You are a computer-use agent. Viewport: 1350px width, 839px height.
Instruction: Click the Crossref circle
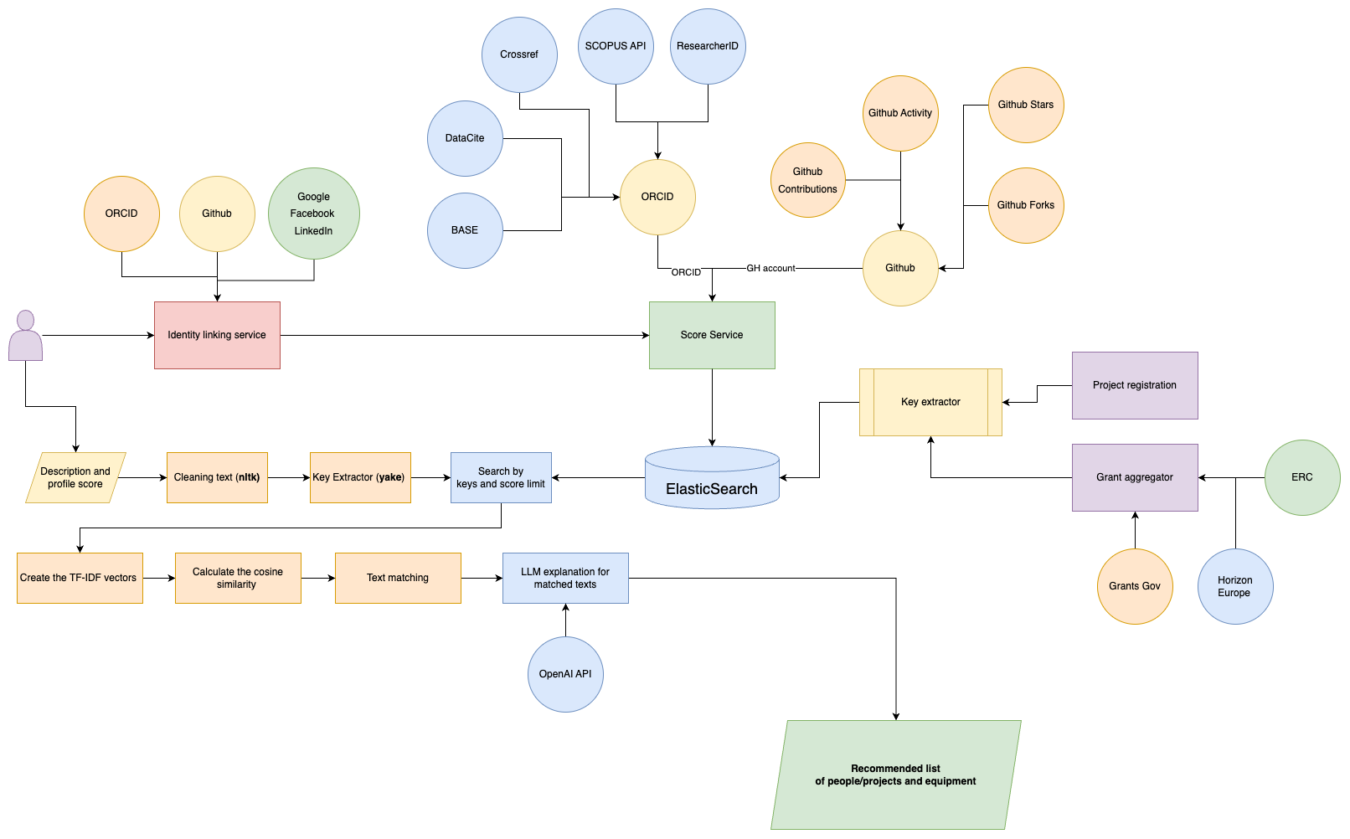coord(519,54)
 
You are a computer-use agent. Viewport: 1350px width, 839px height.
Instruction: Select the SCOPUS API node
coord(616,46)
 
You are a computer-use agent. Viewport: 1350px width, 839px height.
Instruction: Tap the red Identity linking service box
coord(217,335)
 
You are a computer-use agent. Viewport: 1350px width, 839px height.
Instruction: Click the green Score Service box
coord(712,335)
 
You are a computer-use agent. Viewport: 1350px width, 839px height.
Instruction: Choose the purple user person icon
coord(25,337)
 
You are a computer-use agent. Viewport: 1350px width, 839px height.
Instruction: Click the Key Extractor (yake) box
coord(360,477)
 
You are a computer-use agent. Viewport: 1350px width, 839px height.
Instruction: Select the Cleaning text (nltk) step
coord(217,477)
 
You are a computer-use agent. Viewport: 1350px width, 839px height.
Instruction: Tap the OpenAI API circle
coord(565,674)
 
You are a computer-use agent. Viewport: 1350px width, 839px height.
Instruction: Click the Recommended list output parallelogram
coord(895,775)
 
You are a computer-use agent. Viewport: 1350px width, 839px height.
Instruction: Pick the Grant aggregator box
coord(1135,477)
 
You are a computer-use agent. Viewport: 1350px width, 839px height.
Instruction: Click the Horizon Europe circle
coord(1235,586)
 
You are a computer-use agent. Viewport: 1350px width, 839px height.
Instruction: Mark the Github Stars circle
coord(1026,105)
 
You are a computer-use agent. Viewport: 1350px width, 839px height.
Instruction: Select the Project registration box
coord(1135,385)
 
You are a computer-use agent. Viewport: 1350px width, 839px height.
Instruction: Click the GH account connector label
coord(770,268)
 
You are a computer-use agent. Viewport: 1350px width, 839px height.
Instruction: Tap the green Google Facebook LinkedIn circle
coord(314,214)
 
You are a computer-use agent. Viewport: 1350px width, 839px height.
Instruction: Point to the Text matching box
coord(398,578)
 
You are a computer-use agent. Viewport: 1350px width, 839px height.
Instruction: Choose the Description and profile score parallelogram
coord(75,477)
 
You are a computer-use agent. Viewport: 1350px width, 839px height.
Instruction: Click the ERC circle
coord(1302,477)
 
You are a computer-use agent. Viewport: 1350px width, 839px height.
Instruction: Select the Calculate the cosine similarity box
coord(238,578)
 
